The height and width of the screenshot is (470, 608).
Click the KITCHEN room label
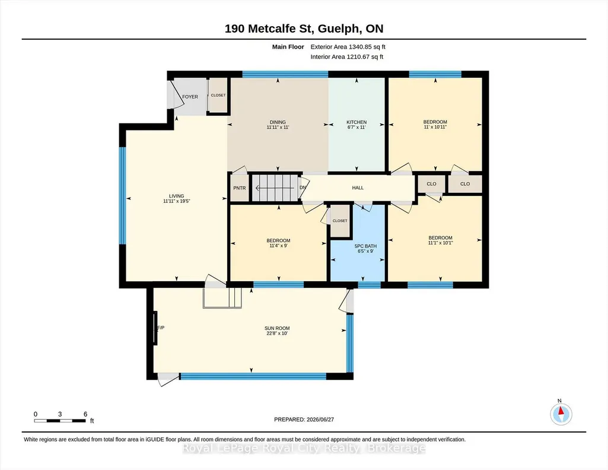pos(356,122)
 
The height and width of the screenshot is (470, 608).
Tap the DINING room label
pos(278,122)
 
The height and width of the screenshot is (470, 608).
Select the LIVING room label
pos(176,196)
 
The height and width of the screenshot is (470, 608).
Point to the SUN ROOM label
pos(277,328)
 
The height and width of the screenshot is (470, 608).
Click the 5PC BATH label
pos(365,246)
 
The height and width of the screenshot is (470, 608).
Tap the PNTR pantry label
pos(240,188)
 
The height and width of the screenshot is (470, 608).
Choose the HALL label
pos(358,188)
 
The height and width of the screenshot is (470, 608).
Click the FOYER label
pos(190,97)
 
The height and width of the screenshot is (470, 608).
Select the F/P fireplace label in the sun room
pos(161,328)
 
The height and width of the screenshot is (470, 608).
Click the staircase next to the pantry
pos(276,188)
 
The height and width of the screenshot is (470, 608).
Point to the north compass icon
pos(561,414)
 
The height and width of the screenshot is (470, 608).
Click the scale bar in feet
pos(60,421)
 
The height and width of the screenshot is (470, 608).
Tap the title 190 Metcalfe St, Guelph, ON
pos(304,28)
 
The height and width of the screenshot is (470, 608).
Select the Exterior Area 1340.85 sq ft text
pos(348,47)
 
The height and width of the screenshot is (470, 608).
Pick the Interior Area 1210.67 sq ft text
pos(346,56)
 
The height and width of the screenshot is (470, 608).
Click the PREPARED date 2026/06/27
pos(304,420)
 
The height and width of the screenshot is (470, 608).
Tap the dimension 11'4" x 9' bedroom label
pos(278,246)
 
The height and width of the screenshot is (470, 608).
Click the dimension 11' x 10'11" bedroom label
pos(435,127)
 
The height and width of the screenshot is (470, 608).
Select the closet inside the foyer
pos(218,96)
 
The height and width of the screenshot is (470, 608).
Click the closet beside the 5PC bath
pos(340,221)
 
